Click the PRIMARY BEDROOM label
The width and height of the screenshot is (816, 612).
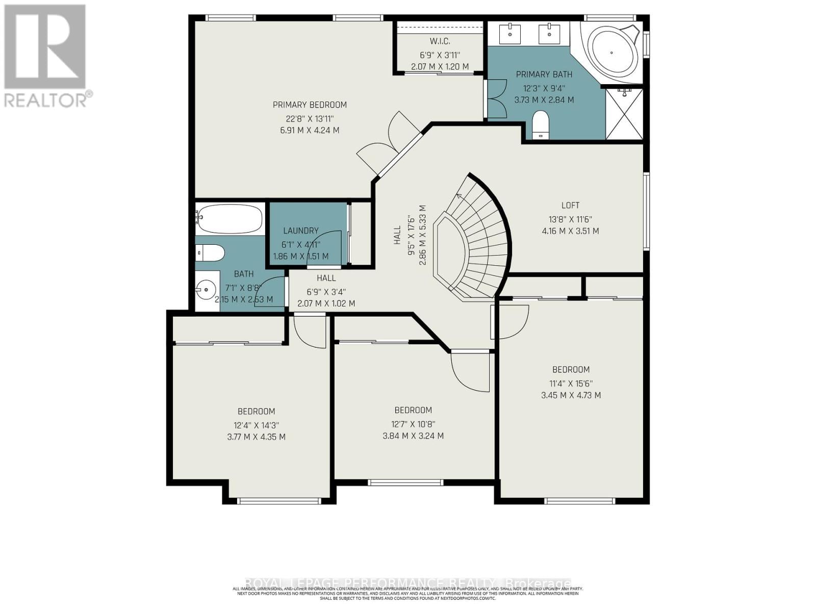tap(310, 105)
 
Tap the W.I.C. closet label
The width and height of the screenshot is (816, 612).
tap(440, 41)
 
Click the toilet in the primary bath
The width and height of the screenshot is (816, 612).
tap(540, 125)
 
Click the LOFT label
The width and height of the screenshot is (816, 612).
tap(570, 206)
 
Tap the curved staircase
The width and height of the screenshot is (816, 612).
tap(477, 240)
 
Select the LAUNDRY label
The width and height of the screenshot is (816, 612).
tap(301, 231)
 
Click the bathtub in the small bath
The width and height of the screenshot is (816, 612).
tap(230, 219)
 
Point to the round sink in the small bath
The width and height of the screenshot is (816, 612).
tap(207, 291)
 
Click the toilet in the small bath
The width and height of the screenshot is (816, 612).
tap(210, 252)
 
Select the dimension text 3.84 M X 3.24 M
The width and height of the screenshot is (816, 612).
tap(413, 436)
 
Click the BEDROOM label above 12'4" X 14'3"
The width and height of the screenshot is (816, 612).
tap(256, 412)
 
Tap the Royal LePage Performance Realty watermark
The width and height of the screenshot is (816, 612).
tap(408, 583)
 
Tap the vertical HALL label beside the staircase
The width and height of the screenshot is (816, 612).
tap(398, 236)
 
